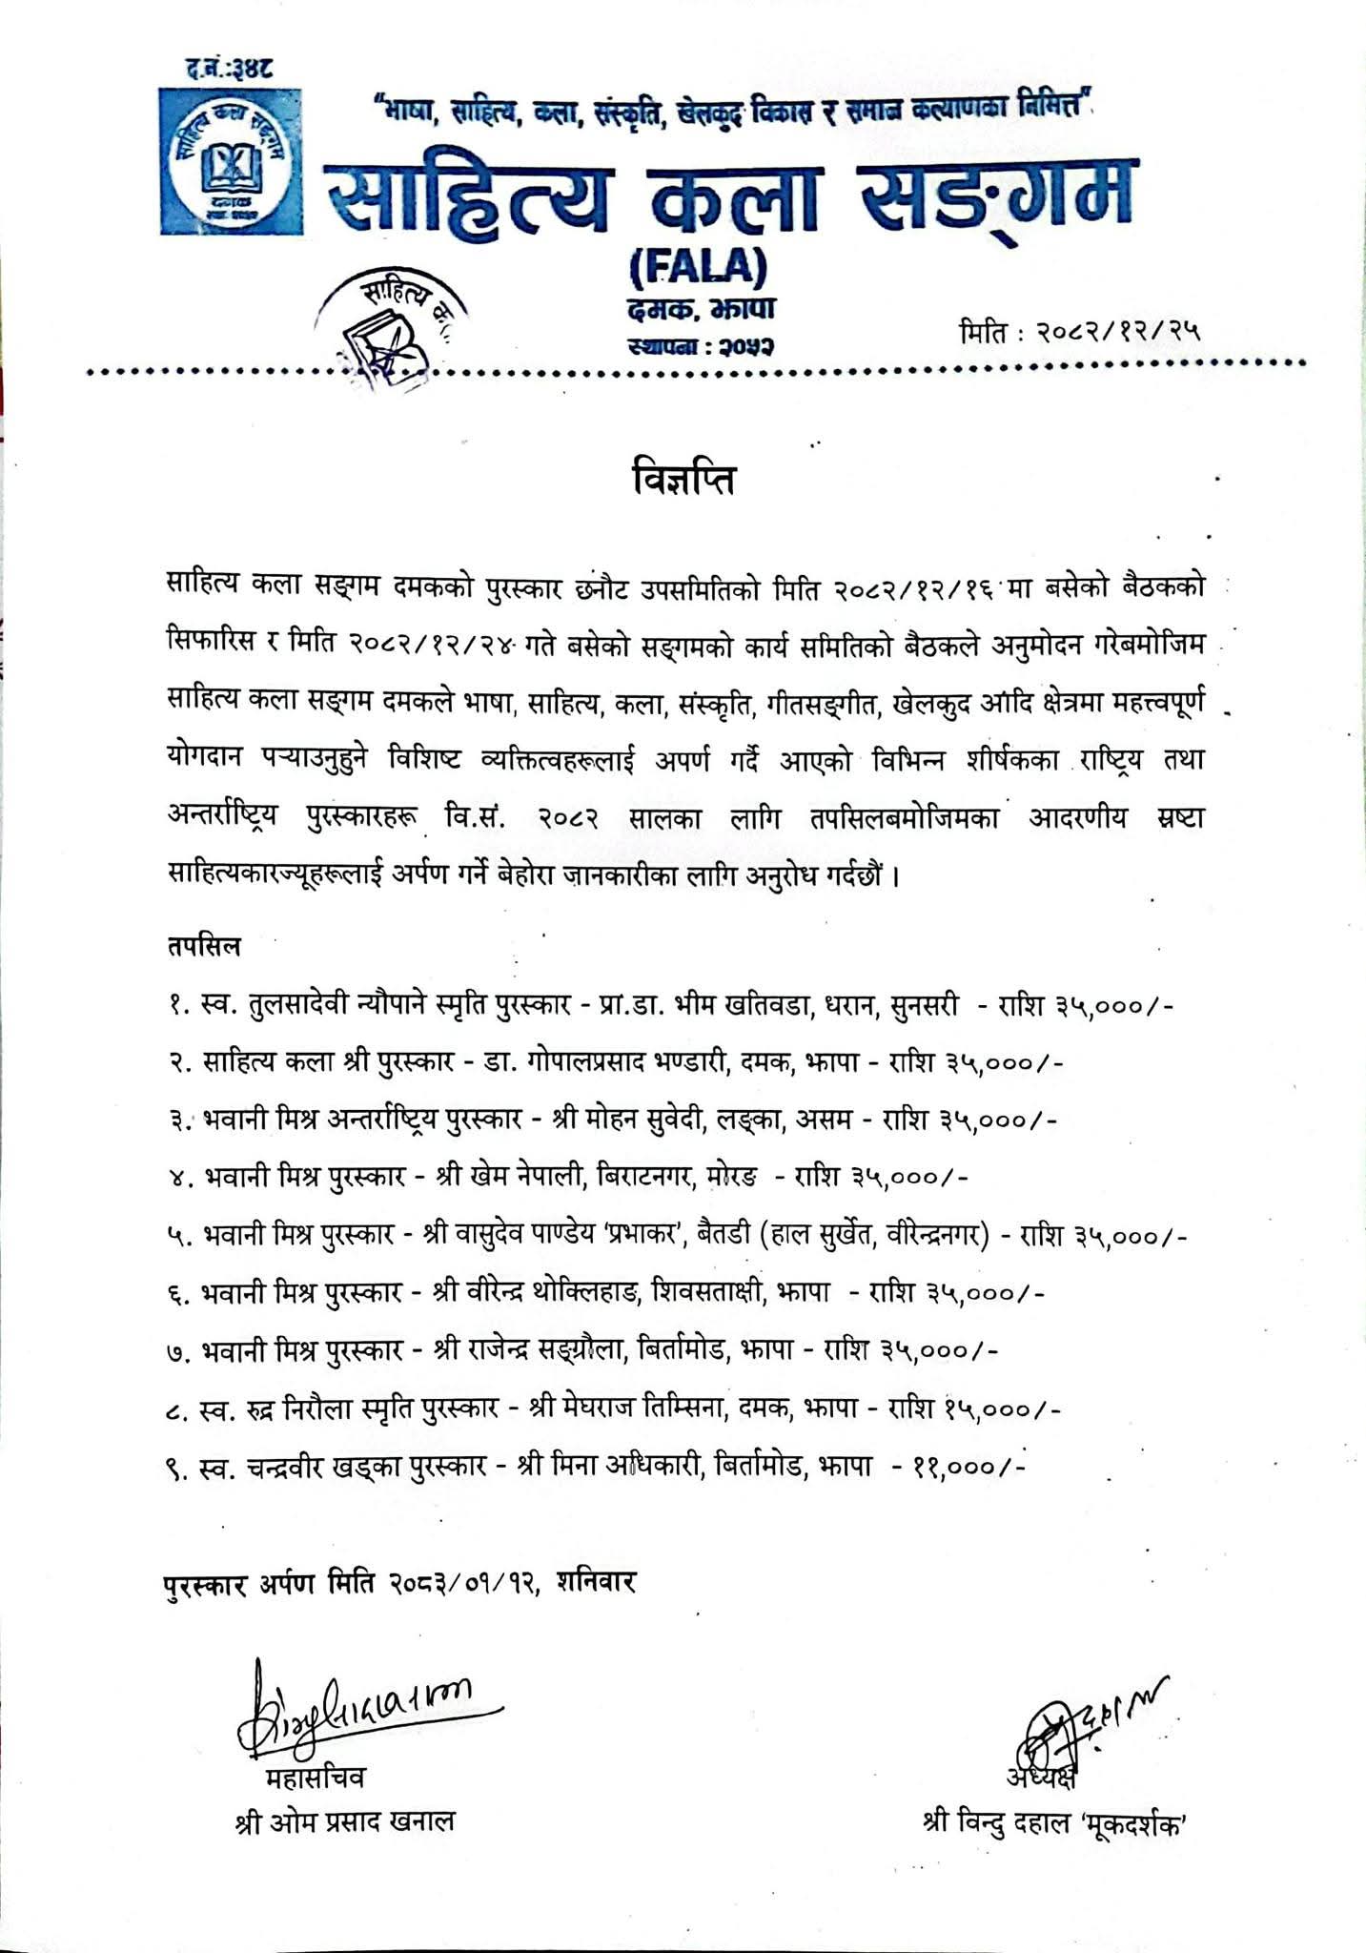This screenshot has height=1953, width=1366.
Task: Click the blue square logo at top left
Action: (x=231, y=161)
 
